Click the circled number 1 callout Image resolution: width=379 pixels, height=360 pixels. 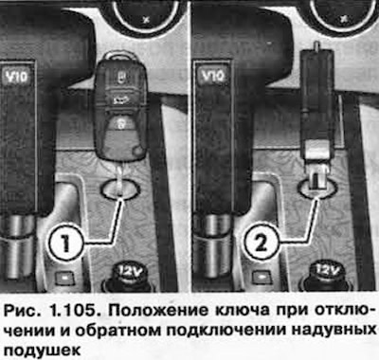click(65, 243)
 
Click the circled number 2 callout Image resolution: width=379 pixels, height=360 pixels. click(261, 243)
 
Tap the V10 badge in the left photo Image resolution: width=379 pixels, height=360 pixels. click(16, 77)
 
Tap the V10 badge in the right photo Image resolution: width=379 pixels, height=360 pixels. click(213, 77)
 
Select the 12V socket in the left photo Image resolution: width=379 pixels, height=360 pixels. click(129, 274)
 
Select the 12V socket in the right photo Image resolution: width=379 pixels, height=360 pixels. click(325, 274)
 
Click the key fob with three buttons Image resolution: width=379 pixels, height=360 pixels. click(121, 107)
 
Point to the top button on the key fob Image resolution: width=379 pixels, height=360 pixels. click(120, 77)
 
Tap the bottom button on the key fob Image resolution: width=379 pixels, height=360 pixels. click(120, 124)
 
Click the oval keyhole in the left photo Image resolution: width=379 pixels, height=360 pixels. click(120, 189)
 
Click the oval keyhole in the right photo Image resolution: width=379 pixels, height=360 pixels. click(317, 189)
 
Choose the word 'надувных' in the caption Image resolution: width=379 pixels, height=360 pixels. click(334, 330)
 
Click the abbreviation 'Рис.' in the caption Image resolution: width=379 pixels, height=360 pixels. click(23, 312)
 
